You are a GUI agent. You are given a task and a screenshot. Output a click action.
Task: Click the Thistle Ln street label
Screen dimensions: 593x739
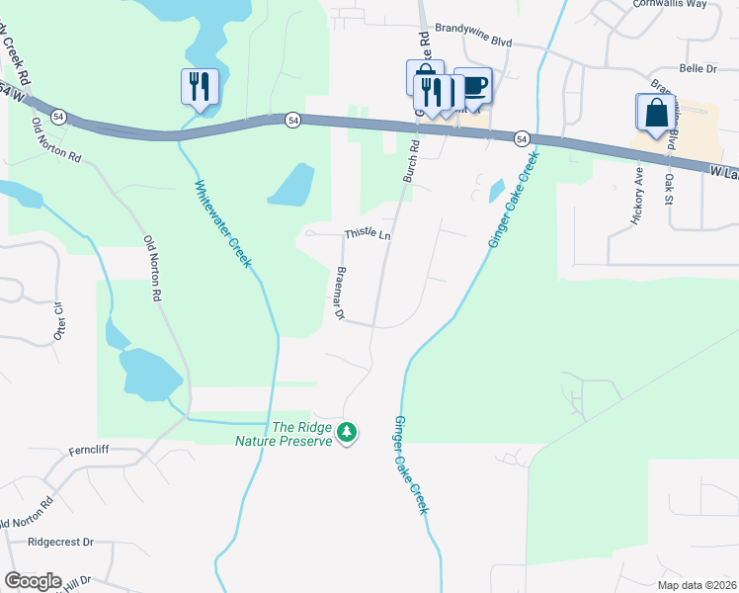pos(368,235)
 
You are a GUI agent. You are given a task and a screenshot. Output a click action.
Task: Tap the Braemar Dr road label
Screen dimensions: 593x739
pos(340,294)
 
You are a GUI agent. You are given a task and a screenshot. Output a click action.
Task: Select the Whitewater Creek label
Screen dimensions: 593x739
pos(222,223)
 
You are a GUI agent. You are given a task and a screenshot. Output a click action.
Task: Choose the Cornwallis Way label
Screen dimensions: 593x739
pos(675,4)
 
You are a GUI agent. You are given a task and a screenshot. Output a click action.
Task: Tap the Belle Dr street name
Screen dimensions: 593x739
pos(698,68)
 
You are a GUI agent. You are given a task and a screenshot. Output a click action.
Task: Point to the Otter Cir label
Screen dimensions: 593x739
pos(59,319)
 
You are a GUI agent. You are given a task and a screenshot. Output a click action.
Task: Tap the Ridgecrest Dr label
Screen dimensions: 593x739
pos(59,542)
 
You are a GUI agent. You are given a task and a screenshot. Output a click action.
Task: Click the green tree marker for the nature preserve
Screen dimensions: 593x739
pos(347,432)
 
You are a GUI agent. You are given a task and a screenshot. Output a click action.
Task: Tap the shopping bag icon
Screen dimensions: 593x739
pos(656,113)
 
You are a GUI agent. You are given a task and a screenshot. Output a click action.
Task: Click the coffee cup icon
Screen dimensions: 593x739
pos(474,86)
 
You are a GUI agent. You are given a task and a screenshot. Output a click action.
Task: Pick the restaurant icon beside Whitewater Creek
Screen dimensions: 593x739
pos(200,87)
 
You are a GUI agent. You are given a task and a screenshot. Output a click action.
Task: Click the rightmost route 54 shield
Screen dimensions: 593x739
pos(521,137)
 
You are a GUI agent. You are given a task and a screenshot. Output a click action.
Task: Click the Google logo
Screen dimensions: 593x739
pos(33,581)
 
